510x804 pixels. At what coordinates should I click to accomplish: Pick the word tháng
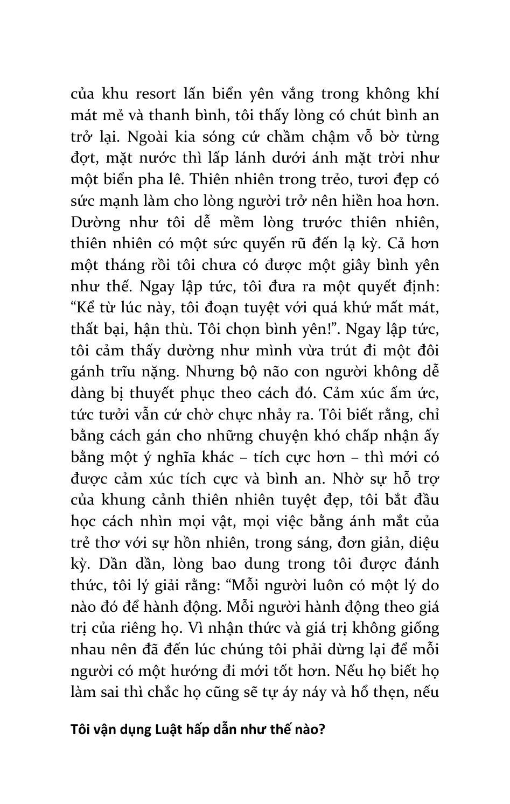(120, 265)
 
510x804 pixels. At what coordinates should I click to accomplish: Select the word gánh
(88, 372)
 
